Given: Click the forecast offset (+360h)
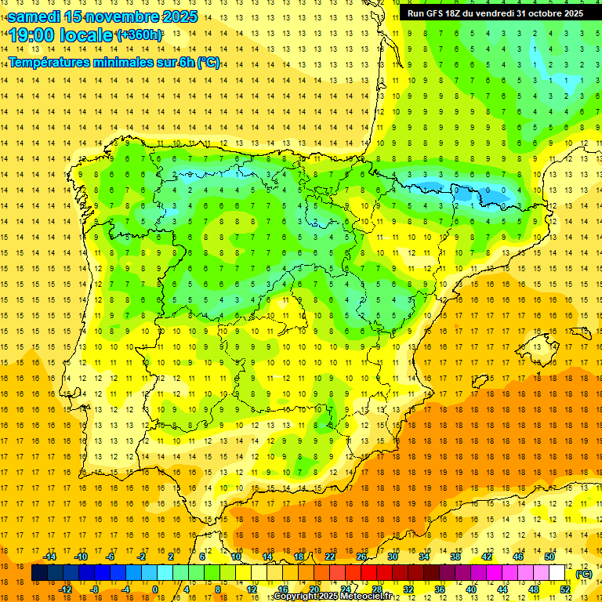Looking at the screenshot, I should pyautogui.click(x=140, y=35).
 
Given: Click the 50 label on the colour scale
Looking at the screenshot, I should pyautogui.click(x=549, y=557).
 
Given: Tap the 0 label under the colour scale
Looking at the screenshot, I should pyautogui.click(x=154, y=589).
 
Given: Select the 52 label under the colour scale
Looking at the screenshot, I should pyautogui.click(x=565, y=589).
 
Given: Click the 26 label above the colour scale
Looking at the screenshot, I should pyautogui.click(x=361, y=557).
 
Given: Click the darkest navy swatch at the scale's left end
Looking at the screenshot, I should pyautogui.click(x=39, y=573).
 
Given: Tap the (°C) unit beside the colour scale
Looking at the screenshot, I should pyautogui.click(x=584, y=574).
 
